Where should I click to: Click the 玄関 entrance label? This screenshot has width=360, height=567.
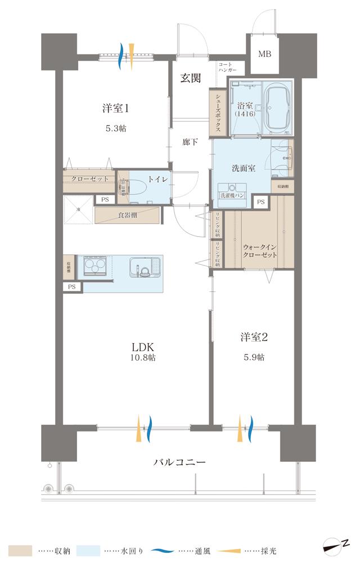[x=191, y=78]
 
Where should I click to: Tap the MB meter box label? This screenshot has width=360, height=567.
[x=264, y=54]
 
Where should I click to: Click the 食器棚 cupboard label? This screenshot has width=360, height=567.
[x=128, y=215]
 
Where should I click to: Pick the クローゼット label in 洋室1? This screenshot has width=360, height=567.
[x=89, y=179]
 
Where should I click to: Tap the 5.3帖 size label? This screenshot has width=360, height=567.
[x=116, y=128]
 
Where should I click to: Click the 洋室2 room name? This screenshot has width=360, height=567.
[x=254, y=337]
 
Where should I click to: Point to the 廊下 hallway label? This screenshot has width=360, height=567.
[x=191, y=142]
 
